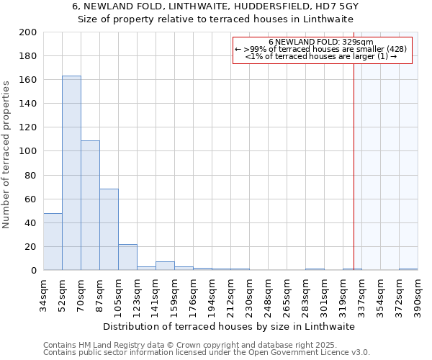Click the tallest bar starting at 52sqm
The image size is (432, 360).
71,173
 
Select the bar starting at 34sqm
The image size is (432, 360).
53,242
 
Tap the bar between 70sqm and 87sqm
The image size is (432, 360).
90,205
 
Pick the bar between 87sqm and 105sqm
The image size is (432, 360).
109,230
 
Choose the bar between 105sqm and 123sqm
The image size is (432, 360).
127,257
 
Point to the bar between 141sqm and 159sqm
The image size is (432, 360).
165,266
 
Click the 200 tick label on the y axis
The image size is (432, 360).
28,32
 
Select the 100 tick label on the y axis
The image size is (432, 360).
28,152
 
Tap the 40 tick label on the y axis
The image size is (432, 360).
31,223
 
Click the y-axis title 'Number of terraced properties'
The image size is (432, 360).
6,154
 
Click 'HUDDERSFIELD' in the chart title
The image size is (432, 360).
258,6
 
